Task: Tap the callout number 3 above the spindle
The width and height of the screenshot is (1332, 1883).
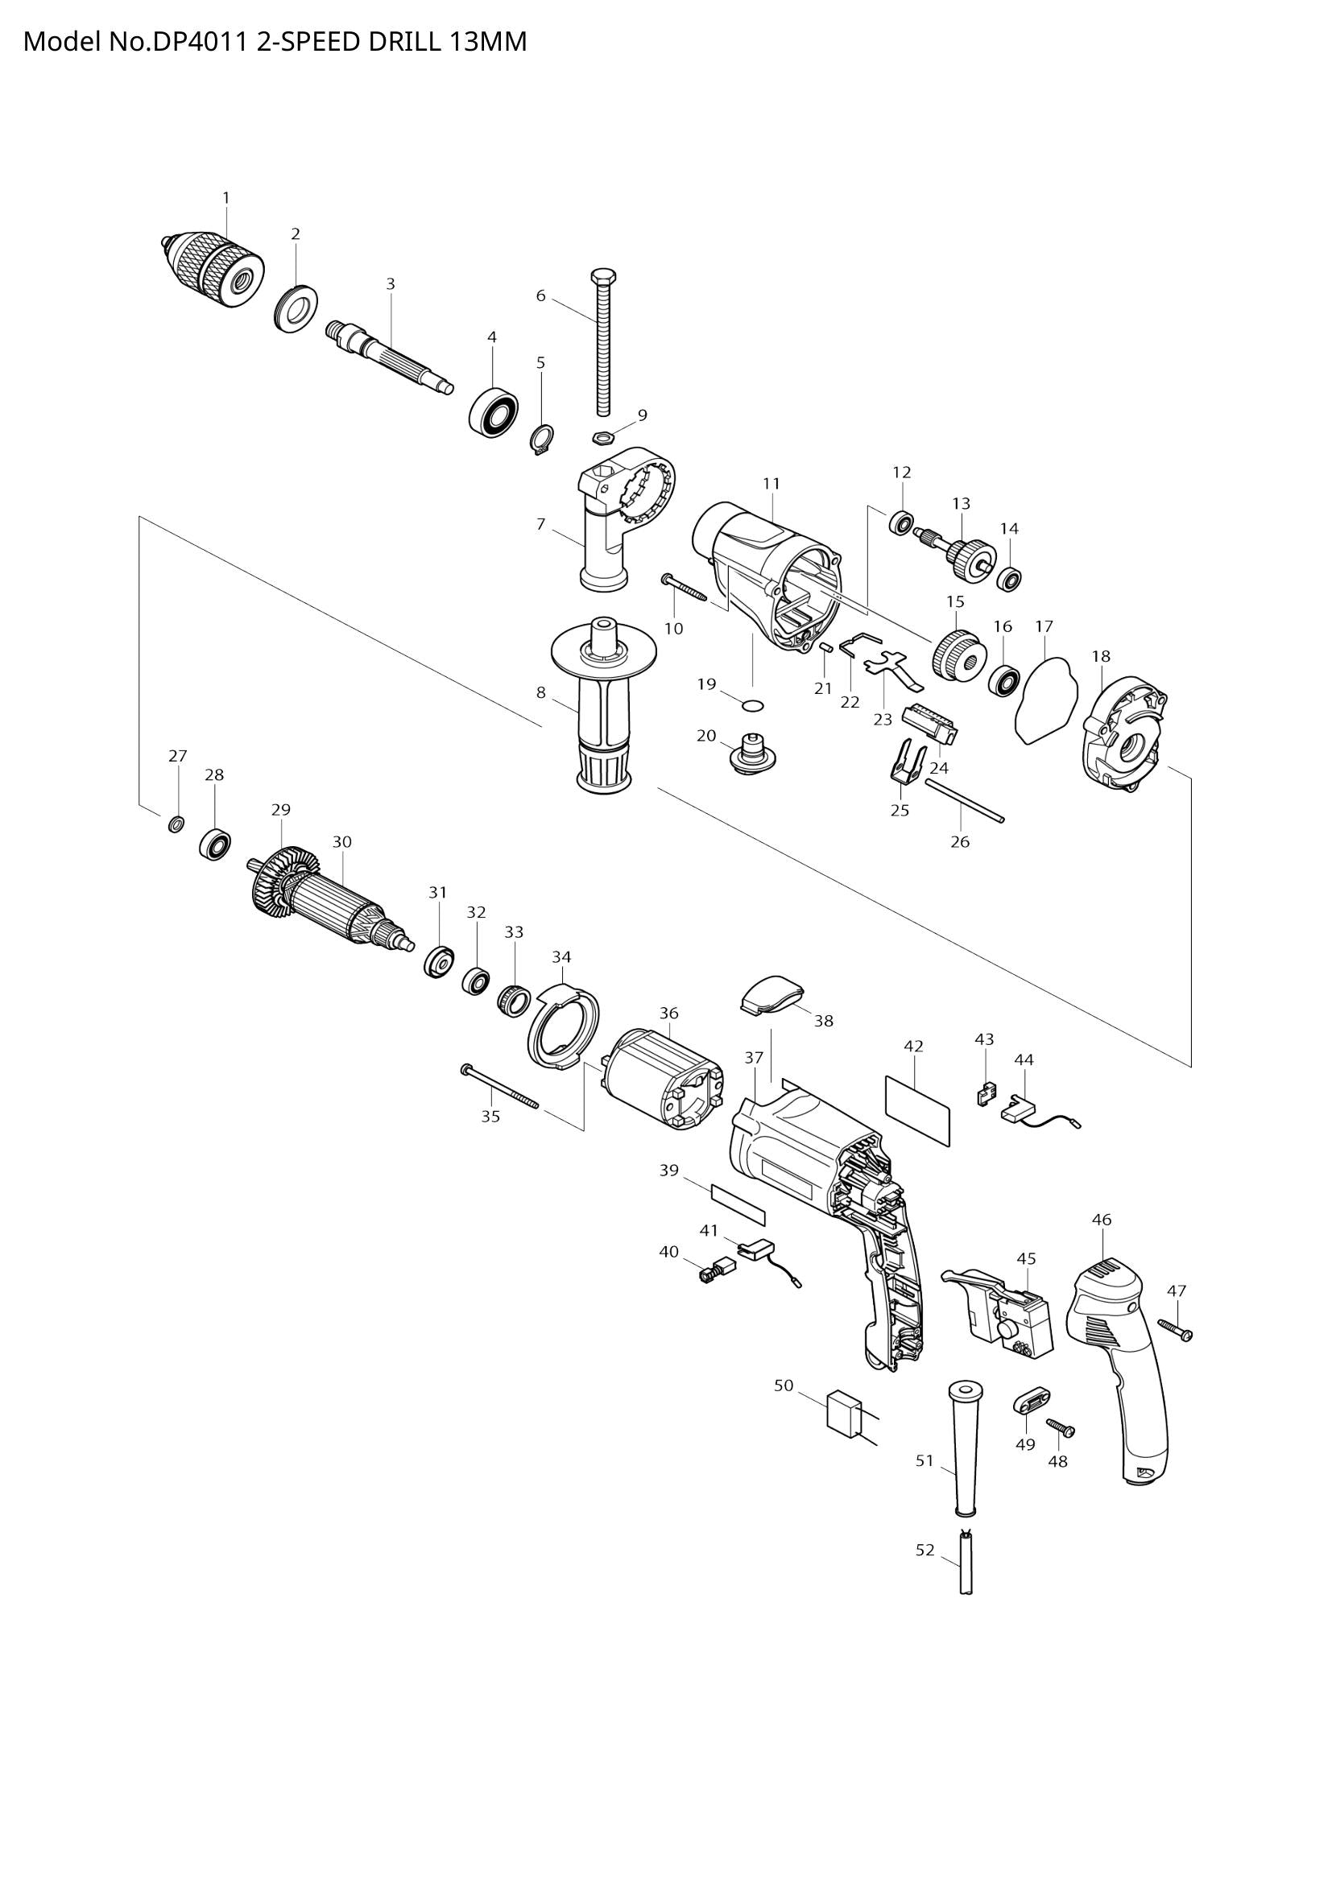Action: click(x=391, y=283)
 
